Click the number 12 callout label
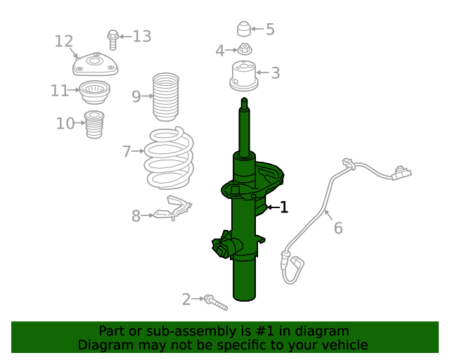[x=64, y=41]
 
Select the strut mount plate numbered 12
[x=96, y=65]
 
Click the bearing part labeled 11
[x=93, y=91]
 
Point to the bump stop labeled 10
[x=94, y=124]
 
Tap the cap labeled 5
[x=243, y=30]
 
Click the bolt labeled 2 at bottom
[x=215, y=302]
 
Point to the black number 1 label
[x=284, y=207]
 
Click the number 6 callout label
[x=338, y=228]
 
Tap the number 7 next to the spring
[x=127, y=151]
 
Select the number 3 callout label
[x=275, y=72]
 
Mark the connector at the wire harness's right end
[x=401, y=174]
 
